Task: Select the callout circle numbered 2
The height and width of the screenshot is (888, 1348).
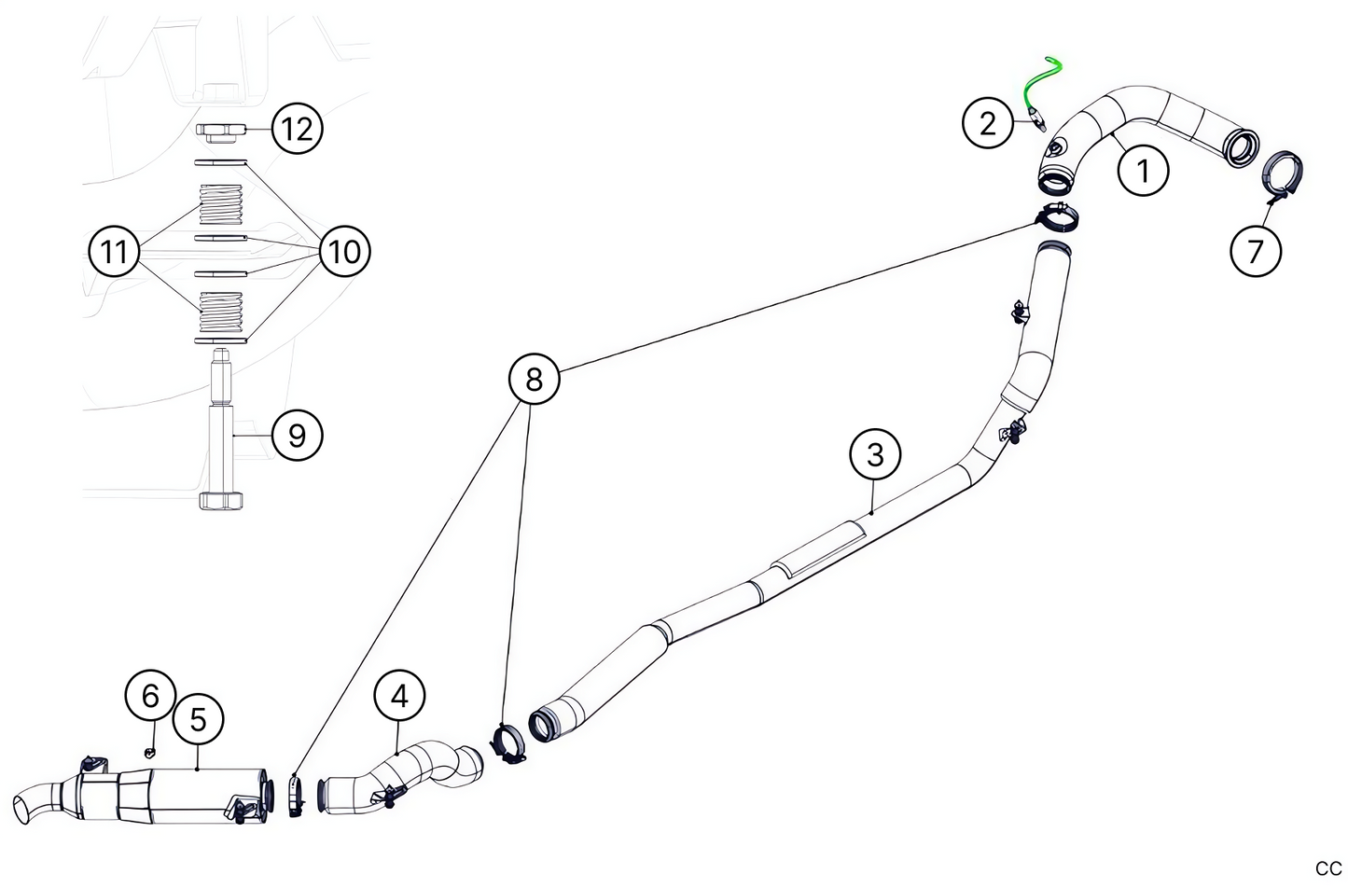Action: pyautogui.click(x=988, y=122)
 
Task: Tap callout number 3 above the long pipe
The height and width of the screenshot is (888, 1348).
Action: pyautogui.click(x=874, y=455)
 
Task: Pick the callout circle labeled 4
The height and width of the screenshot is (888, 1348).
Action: pyautogui.click(x=399, y=696)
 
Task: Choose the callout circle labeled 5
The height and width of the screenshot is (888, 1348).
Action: pyautogui.click(x=198, y=718)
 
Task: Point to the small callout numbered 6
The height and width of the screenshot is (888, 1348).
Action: pyautogui.click(x=151, y=695)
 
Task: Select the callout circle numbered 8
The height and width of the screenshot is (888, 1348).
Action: pyautogui.click(x=534, y=380)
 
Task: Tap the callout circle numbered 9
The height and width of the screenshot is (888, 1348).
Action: pyautogui.click(x=297, y=435)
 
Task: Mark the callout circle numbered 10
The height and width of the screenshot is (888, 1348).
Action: pyautogui.click(x=344, y=251)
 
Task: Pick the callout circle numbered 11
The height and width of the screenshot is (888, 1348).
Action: pyautogui.click(x=114, y=251)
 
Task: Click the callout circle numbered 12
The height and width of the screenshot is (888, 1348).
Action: pyautogui.click(x=297, y=128)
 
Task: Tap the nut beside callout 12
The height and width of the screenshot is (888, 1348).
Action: pyautogui.click(x=221, y=131)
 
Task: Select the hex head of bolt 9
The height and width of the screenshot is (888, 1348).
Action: pyautogui.click(x=223, y=500)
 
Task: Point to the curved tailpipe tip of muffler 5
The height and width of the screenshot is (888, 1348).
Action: pyautogui.click(x=35, y=801)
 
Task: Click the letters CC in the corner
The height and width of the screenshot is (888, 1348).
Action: pyautogui.click(x=1328, y=868)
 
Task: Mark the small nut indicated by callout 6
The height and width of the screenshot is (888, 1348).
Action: pyautogui.click(x=148, y=750)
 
